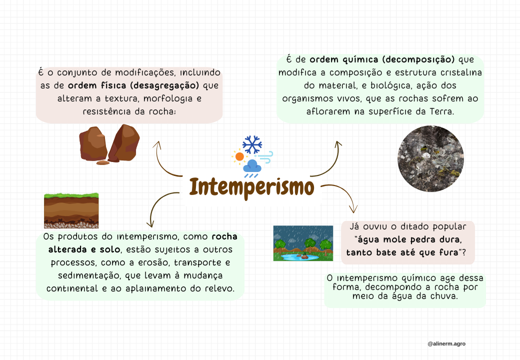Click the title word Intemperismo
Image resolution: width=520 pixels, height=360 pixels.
[252, 187]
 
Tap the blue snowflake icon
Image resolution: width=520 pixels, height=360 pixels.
[252, 144]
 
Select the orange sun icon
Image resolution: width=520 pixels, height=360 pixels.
[239, 156]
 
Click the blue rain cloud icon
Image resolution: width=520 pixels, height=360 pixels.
[252, 167]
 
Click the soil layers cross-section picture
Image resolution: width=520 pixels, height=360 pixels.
[71, 210]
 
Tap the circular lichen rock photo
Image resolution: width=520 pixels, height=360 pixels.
[430, 159]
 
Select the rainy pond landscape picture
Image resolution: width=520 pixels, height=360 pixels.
[303, 243]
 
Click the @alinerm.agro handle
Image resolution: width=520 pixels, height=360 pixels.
[446, 343]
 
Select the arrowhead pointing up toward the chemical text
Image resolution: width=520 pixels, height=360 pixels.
[338, 144]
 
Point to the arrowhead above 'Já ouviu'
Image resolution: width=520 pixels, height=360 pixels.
[353, 210]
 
